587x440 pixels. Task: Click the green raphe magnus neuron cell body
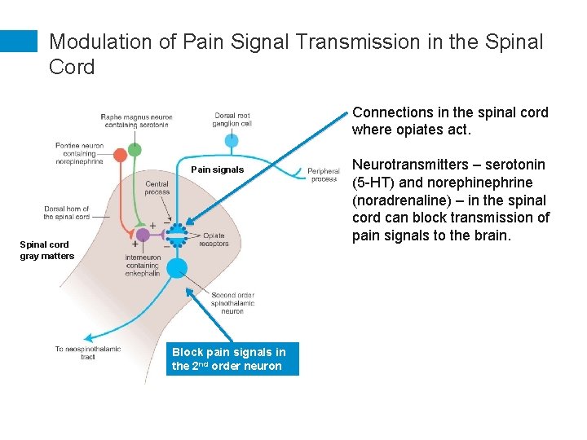[135, 150]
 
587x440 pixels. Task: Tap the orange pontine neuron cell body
[121, 155]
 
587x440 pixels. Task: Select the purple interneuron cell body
[143, 235]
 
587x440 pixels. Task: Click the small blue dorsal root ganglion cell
[232, 142]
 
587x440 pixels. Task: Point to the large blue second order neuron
[177, 268]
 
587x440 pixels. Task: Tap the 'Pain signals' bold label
[217, 169]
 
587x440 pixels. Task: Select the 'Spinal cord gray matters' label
[46, 250]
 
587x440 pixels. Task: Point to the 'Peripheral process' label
[323, 174]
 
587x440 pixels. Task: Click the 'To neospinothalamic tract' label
[88, 353]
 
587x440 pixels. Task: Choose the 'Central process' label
[157, 188]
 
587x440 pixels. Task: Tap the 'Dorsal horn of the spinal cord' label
[67, 213]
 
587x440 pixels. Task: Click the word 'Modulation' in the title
[99, 42]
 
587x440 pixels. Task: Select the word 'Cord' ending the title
[72, 67]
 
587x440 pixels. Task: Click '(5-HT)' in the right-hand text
[375, 183]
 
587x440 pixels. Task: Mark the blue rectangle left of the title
[19, 42]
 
